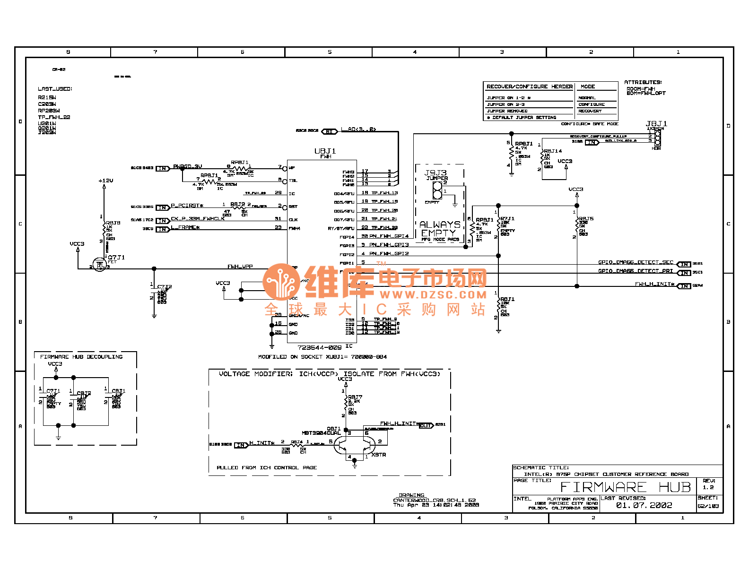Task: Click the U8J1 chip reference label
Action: coord(325,151)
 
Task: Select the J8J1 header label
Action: coord(656,124)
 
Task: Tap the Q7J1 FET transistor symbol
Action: coord(100,265)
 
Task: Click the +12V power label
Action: coord(105,181)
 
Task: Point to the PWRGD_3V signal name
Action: coord(187,166)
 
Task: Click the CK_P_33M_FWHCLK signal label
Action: coord(198,219)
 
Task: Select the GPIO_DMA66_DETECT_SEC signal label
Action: coord(636,262)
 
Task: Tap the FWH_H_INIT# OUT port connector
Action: coord(426,425)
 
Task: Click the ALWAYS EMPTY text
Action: coord(439,229)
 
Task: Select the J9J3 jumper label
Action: coord(435,173)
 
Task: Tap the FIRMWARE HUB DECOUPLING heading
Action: coord(81,357)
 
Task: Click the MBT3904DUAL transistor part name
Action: coord(321,433)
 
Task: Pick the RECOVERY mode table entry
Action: coord(590,111)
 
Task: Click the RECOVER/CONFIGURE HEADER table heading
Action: coord(529,86)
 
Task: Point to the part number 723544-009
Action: coord(319,347)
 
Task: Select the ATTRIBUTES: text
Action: coord(643,82)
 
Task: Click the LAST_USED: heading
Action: coord(55,89)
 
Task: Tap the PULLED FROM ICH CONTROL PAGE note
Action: coord(267,467)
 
